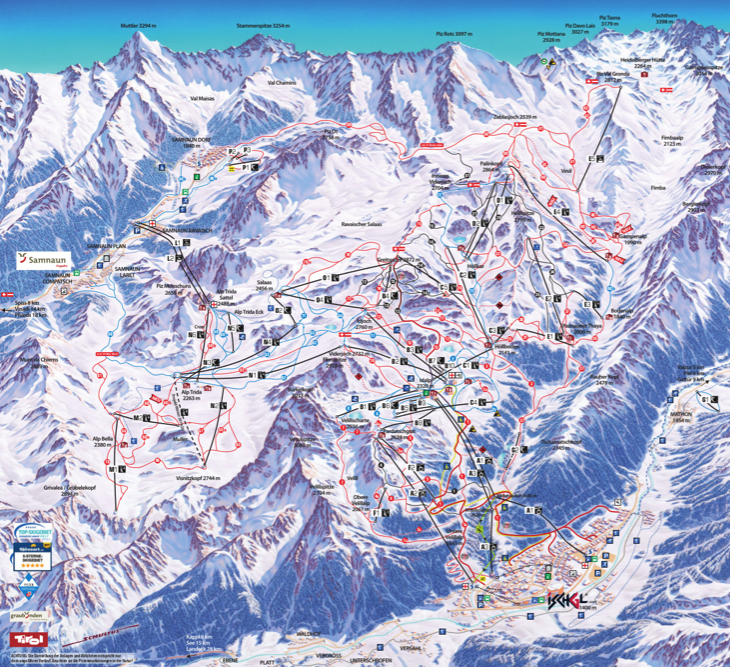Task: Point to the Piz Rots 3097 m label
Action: click(x=453, y=33)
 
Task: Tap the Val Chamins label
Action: click(x=282, y=83)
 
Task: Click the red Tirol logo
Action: click(x=26, y=636)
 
